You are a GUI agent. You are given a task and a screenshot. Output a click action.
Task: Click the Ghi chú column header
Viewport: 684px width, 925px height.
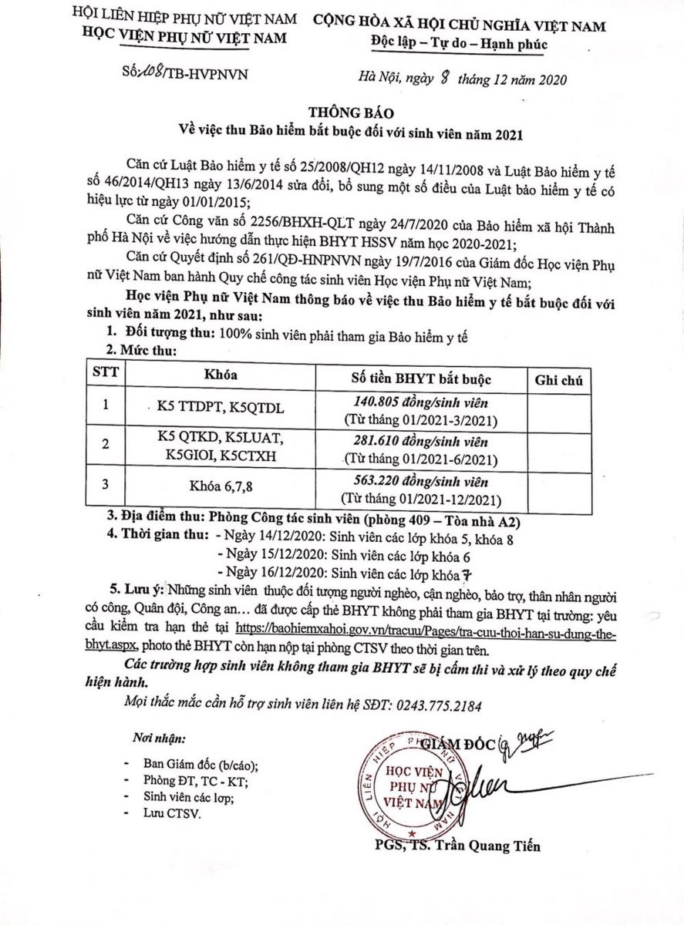pos(555,378)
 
